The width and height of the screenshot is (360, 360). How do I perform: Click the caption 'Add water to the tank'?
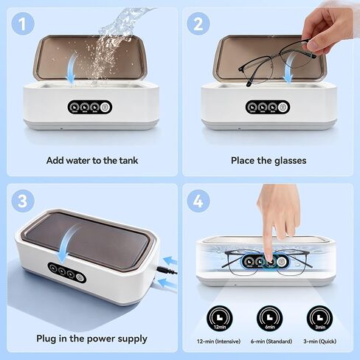(x=91, y=160)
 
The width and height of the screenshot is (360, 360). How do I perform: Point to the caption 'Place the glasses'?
(x=269, y=160)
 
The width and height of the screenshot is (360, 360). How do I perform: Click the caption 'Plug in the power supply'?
(x=91, y=339)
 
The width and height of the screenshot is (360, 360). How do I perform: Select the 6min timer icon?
(x=268, y=315)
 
